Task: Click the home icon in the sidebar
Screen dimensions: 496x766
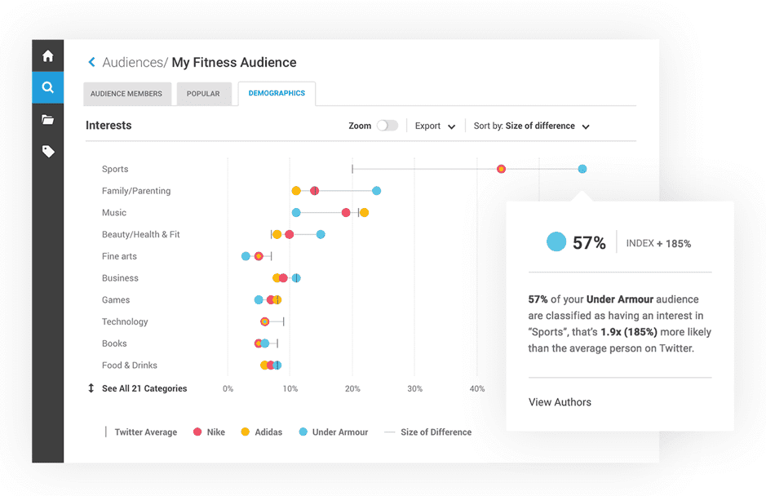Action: pos(48,56)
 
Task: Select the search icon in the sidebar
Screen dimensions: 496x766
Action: pos(48,87)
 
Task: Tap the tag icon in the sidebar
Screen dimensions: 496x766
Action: pos(48,151)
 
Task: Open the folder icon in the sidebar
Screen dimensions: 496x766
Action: pos(48,119)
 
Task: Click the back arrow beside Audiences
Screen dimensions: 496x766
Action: pos(91,62)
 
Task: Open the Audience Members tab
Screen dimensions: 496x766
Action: pos(126,94)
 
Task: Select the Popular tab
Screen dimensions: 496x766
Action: pos(203,94)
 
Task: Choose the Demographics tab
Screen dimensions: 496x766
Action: pos(277,93)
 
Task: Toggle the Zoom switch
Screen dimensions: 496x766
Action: pos(387,126)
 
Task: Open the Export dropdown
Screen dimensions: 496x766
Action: pos(434,126)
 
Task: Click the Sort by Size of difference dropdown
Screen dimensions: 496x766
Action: pos(531,126)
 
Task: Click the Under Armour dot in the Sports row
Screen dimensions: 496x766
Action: pos(582,169)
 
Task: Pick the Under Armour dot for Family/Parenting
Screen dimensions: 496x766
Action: pos(376,191)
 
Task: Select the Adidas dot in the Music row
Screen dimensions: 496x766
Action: pos(364,213)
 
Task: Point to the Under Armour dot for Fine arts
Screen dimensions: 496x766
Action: pos(246,256)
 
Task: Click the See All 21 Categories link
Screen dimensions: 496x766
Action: pos(144,388)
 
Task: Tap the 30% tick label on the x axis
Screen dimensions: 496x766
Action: pos(414,388)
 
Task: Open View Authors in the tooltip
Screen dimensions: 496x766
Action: pos(560,402)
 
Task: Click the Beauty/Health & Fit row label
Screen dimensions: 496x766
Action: pos(140,234)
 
